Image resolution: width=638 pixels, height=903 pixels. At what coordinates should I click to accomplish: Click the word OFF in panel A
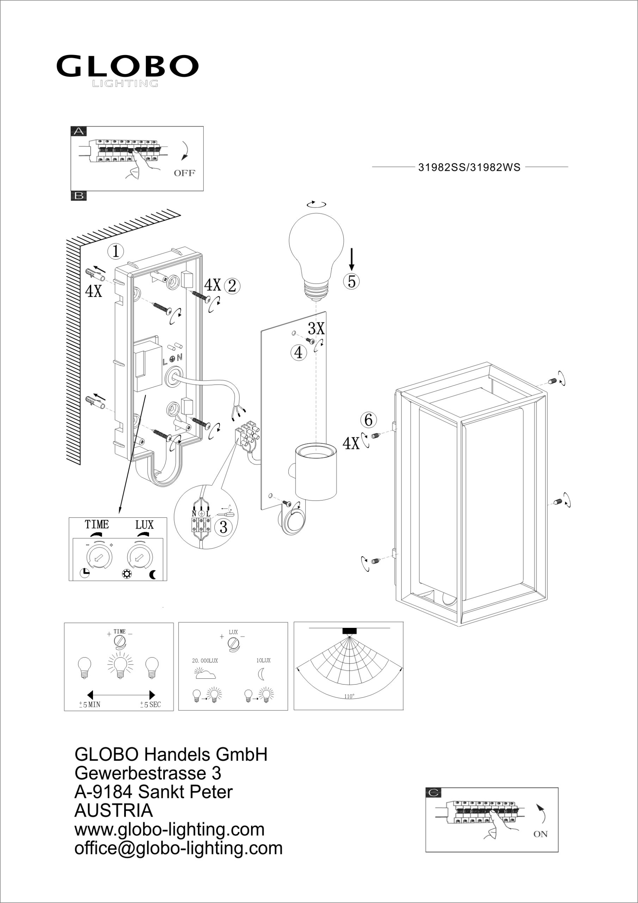184,173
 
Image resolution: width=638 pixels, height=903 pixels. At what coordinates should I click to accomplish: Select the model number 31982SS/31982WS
470,168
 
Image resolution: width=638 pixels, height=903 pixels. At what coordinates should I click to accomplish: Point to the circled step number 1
116,251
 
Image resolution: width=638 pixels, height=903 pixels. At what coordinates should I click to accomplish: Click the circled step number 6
368,420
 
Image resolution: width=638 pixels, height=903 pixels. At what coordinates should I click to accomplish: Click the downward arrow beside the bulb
352,259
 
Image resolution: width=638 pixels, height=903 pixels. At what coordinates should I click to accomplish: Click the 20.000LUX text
205,661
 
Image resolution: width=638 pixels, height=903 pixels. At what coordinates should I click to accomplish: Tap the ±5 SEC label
151,705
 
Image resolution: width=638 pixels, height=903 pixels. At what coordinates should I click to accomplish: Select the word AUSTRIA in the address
114,811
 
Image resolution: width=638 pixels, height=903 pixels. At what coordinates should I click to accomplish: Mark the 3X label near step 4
316,328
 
